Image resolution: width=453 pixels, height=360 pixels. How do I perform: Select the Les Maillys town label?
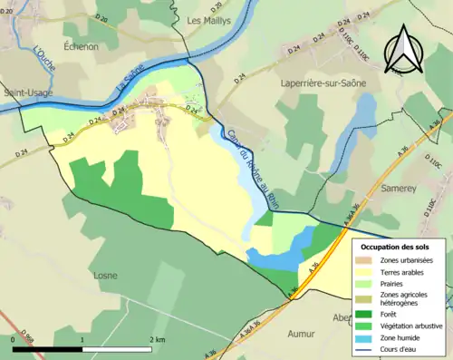[208, 20]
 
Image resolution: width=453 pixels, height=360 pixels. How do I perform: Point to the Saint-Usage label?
[26, 92]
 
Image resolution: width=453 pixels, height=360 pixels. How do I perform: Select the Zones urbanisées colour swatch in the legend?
[367, 260]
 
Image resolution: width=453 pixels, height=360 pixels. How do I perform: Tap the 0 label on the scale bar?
[14, 339]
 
